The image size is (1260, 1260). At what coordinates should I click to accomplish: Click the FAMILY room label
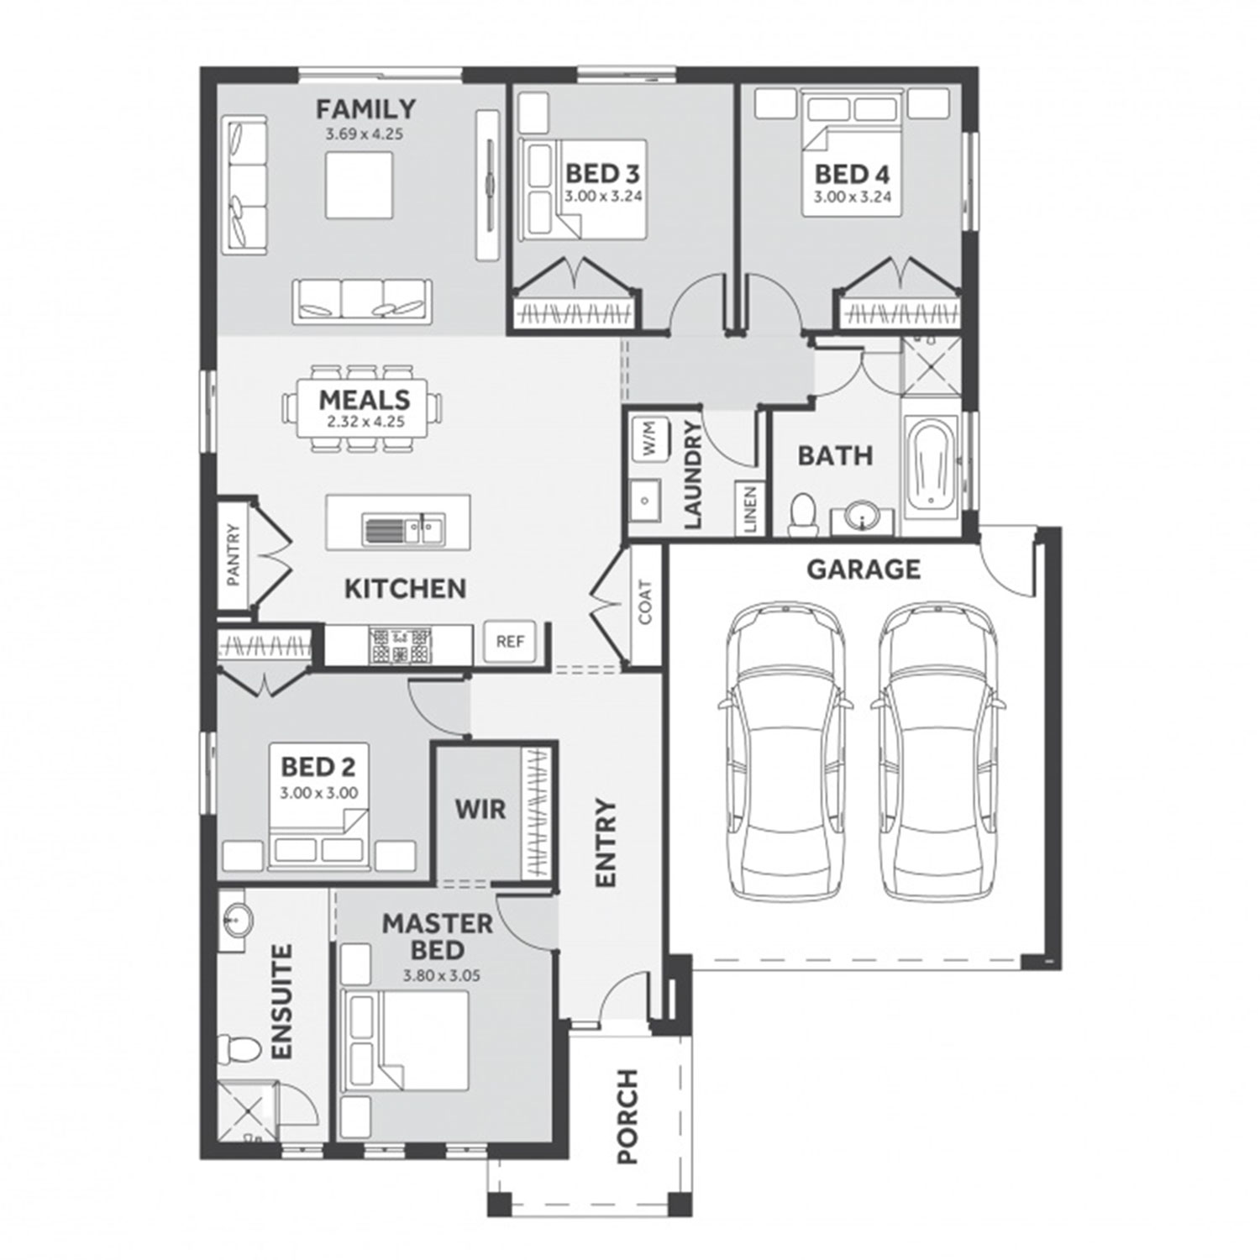365,109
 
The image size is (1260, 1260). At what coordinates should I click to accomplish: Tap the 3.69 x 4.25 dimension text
365,134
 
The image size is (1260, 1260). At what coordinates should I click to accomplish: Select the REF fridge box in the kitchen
510,642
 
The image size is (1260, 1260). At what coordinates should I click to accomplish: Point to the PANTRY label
234,555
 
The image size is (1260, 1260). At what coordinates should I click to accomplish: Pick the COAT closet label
645,603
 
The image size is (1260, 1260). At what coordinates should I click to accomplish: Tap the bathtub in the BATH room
931,465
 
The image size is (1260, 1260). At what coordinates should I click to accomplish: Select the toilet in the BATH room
803,513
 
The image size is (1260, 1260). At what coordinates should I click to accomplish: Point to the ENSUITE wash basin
235,924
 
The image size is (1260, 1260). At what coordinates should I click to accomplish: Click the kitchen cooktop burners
399,645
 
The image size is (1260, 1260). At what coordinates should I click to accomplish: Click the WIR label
480,810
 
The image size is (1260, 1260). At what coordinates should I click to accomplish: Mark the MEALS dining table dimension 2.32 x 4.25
365,422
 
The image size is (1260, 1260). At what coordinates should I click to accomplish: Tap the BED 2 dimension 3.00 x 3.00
318,792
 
